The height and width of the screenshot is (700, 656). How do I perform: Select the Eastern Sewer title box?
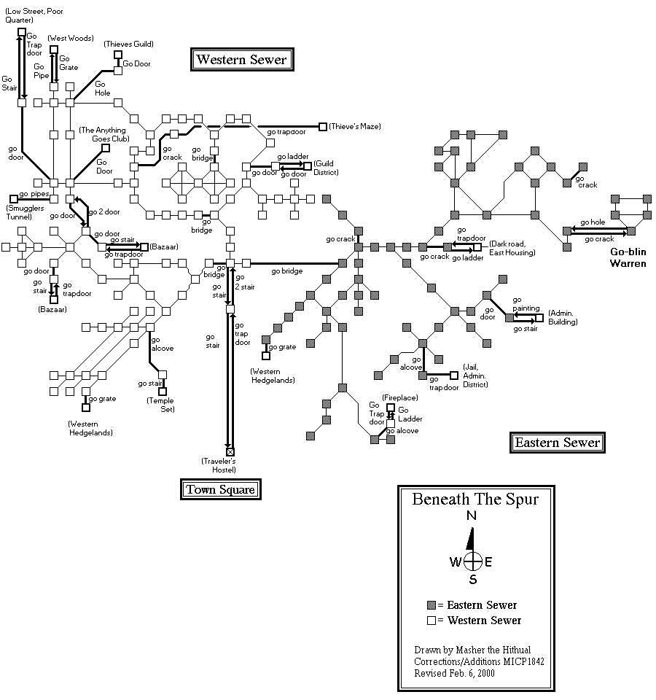pyautogui.click(x=557, y=442)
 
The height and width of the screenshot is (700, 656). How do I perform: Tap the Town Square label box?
pyautogui.click(x=220, y=489)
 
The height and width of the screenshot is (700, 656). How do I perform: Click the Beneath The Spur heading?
pyautogui.click(x=475, y=499)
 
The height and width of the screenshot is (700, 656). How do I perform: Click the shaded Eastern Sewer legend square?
pyautogui.click(x=432, y=605)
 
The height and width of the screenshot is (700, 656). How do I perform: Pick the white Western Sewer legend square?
pyautogui.click(x=432, y=621)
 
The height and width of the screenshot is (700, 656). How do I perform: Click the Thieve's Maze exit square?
pyautogui.click(x=323, y=126)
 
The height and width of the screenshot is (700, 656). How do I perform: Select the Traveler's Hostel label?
pyautogui.click(x=220, y=465)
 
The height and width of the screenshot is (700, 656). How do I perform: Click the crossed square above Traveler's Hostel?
pyautogui.click(x=230, y=452)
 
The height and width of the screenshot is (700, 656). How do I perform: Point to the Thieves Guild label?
pyautogui.click(x=128, y=44)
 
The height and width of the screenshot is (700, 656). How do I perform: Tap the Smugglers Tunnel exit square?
pyautogui.click(x=13, y=198)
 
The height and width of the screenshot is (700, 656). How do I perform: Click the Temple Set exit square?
pyautogui.click(x=163, y=391)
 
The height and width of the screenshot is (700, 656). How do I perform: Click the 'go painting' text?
pyautogui.click(x=526, y=308)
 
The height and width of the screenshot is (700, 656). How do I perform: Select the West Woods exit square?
pyautogui.click(x=54, y=50)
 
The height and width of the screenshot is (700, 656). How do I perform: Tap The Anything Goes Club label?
pyautogui.click(x=104, y=134)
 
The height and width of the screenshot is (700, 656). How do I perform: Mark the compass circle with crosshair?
pyautogui.click(x=473, y=561)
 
